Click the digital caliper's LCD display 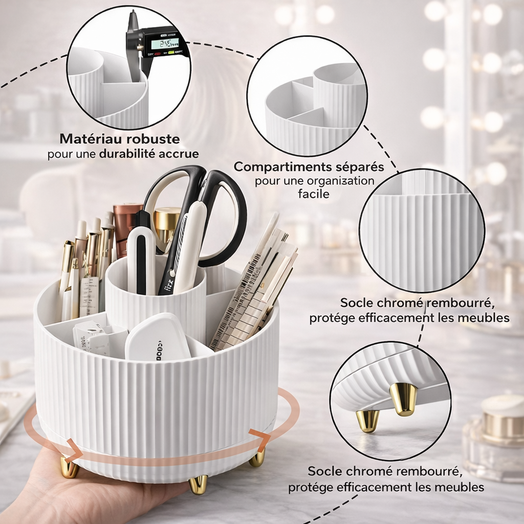[164, 43]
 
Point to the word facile [314, 194]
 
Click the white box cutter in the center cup [141, 261]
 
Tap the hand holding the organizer [77, 491]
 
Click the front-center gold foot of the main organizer [198, 484]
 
